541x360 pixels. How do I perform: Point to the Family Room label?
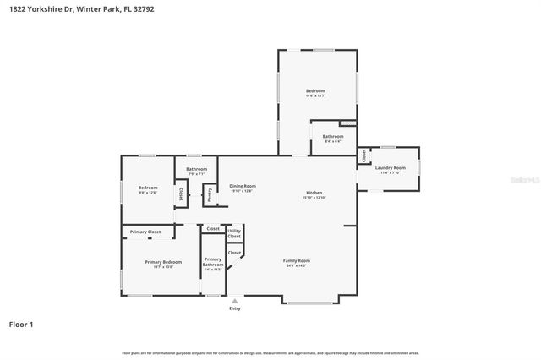(296, 262)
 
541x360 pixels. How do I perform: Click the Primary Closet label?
(145, 232)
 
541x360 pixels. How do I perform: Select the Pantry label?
(209, 194)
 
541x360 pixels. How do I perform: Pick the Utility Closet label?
(234, 233)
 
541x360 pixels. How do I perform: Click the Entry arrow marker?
(235, 300)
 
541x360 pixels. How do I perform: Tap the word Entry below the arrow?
(235, 308)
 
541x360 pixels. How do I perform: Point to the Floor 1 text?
(21, 324)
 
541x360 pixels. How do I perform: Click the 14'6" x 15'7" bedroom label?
(315, 92)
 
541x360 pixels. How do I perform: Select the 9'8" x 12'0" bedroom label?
(148, 189)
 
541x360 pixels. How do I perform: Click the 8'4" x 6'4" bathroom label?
(333, 138)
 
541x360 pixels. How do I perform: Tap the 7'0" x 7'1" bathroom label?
(196, 172)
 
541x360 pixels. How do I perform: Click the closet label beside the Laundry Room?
(364, 155)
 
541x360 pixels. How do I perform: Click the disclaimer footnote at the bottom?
(270, 353)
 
